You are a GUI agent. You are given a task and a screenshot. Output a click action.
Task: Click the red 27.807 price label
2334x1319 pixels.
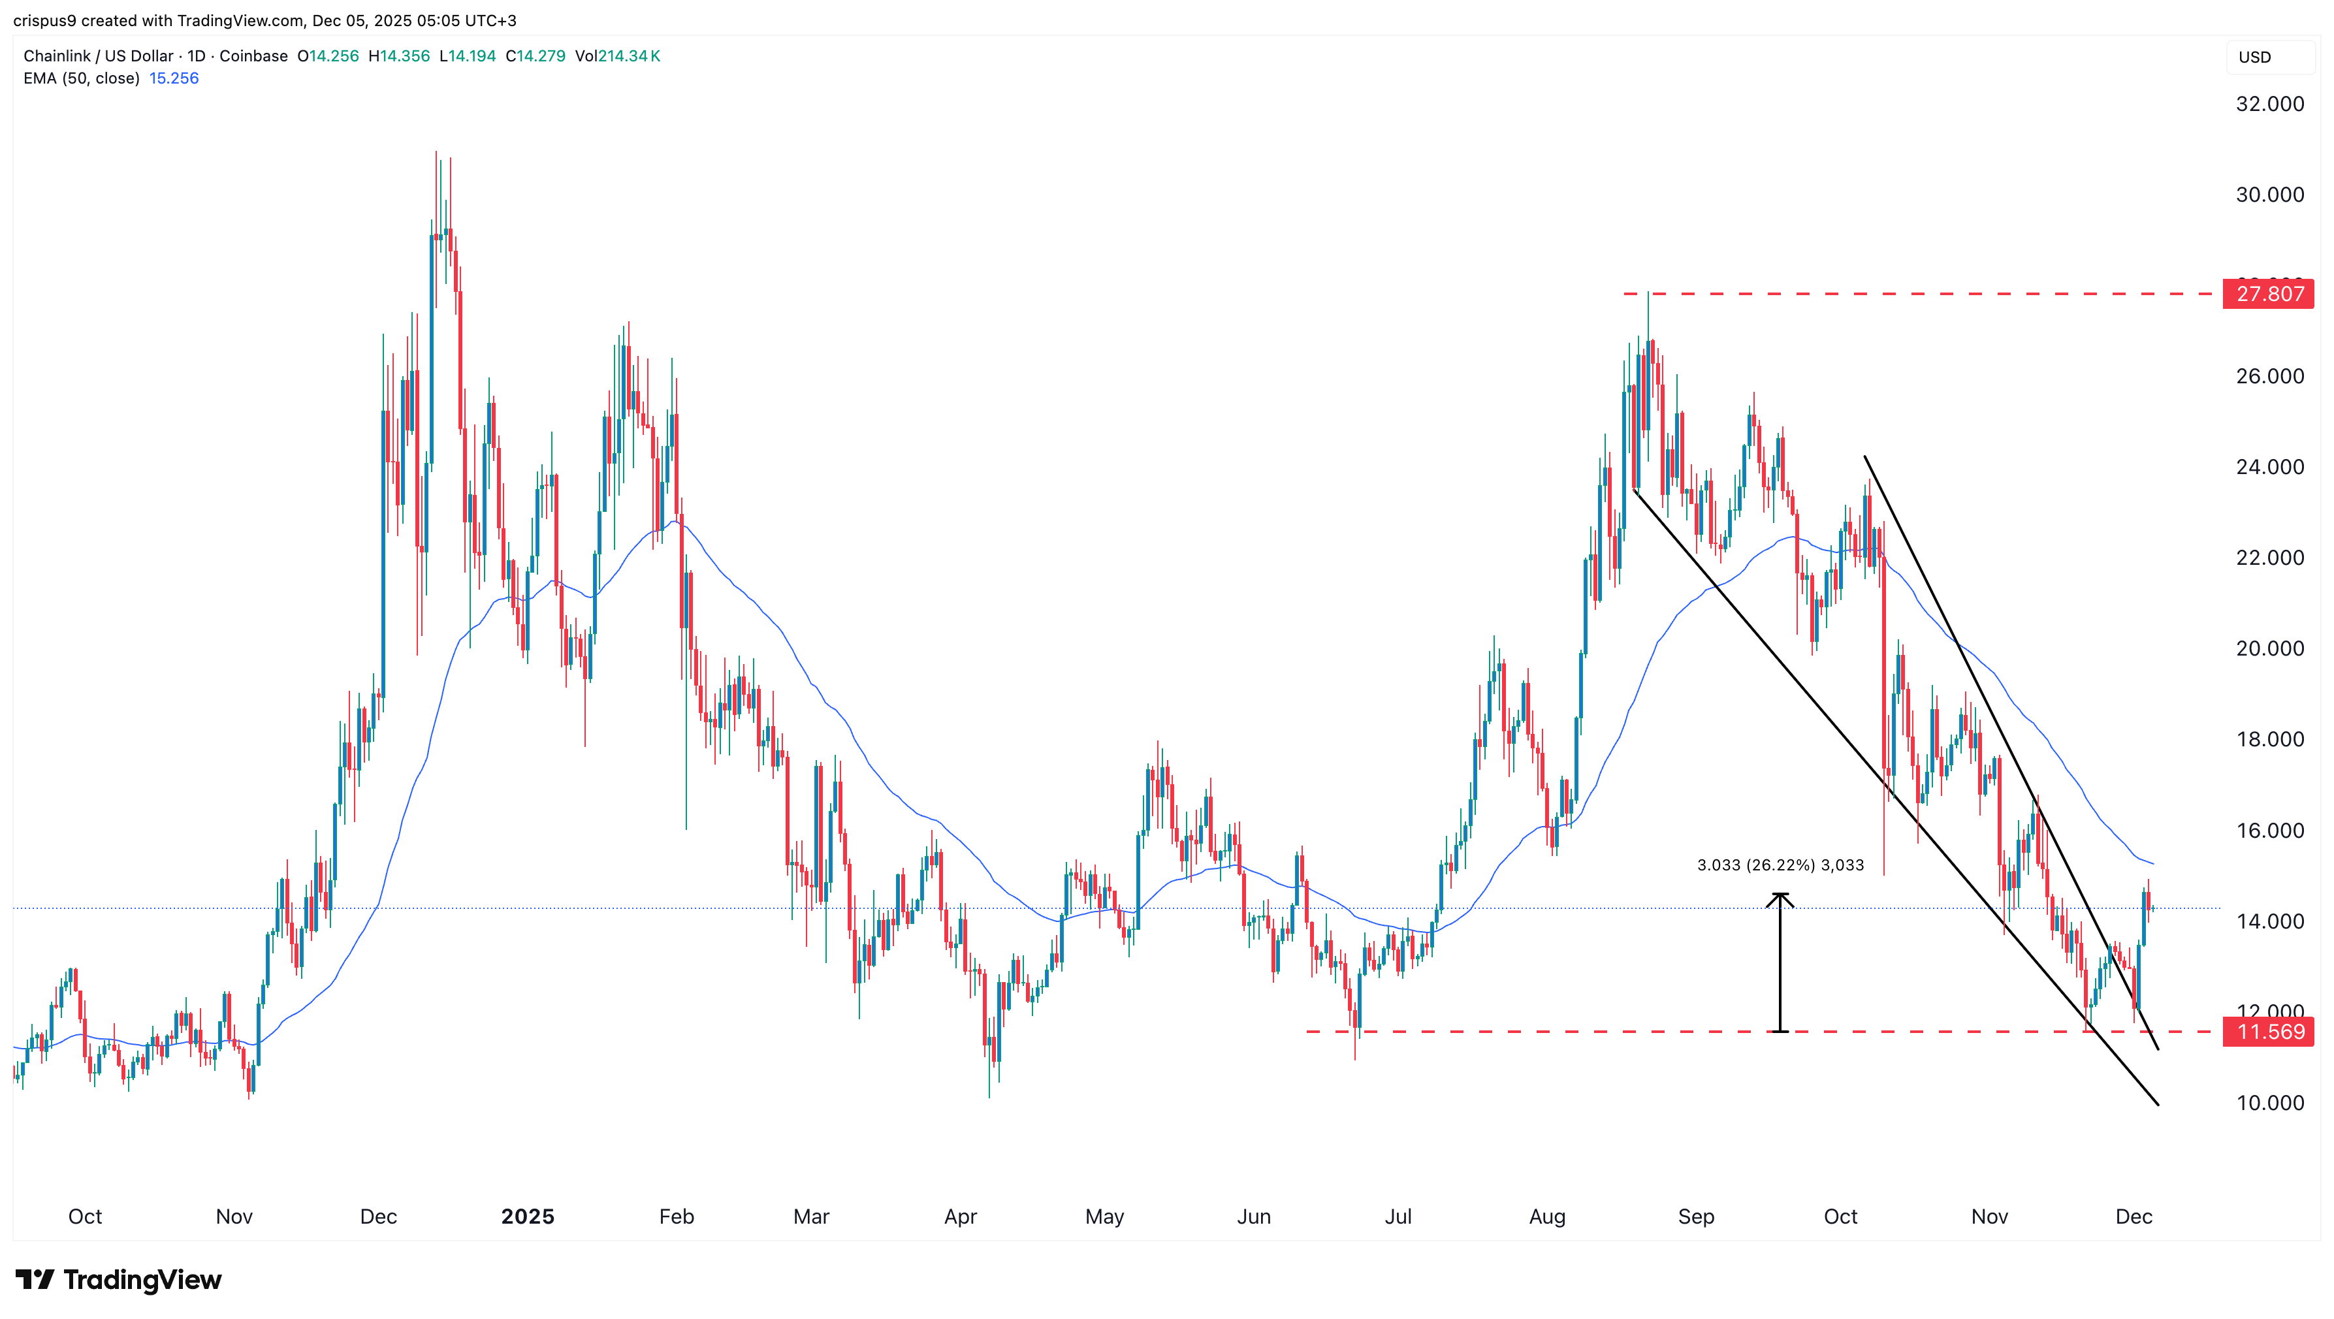(2269, 294)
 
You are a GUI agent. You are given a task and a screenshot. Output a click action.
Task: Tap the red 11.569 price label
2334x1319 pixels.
(2269, 1032)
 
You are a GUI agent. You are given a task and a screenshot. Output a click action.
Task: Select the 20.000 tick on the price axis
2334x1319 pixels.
(2269, 648)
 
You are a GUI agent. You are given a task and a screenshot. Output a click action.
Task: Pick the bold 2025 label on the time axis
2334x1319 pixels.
(527, 1216)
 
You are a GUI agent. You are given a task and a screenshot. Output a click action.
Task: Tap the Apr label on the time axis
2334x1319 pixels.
(961, 1216)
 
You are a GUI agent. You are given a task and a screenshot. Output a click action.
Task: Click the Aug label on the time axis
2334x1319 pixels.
(1546, 1216)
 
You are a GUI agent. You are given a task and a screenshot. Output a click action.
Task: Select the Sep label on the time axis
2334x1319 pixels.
(1696, 1216)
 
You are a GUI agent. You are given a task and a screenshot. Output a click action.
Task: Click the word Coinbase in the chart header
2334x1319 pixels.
(253, 56)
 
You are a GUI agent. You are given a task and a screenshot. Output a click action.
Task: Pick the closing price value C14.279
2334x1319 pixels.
(536, 56)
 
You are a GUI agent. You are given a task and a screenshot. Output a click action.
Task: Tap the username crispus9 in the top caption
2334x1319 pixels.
(45, 20)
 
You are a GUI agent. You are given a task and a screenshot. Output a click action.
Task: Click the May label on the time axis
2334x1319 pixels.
(1104, 1216)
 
